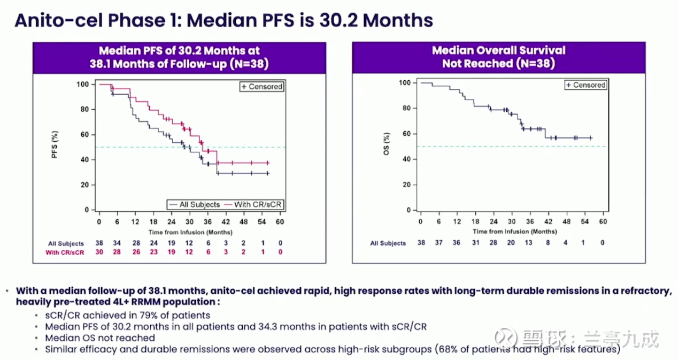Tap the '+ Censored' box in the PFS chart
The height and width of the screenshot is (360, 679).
[x=262, y=86]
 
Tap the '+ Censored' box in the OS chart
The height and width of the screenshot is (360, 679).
[x=585, y=85]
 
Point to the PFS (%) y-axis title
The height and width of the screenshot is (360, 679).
[x=69, y=147]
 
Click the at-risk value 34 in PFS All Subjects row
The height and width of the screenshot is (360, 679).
[x=117, y=243]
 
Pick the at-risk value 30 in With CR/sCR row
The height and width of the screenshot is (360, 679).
[x=99, y=252]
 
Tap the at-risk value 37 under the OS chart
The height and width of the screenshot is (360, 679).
[x=438, y=243]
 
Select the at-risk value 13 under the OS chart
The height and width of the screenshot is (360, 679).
[x=529, y=243]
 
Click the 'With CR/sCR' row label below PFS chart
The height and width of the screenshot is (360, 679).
[x=64, y=252]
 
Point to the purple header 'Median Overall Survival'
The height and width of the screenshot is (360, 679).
[x=498, y=50]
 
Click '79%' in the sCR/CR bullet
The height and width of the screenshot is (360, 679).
[x=141, y=315]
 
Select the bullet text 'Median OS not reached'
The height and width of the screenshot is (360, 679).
[x=100, y=338]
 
